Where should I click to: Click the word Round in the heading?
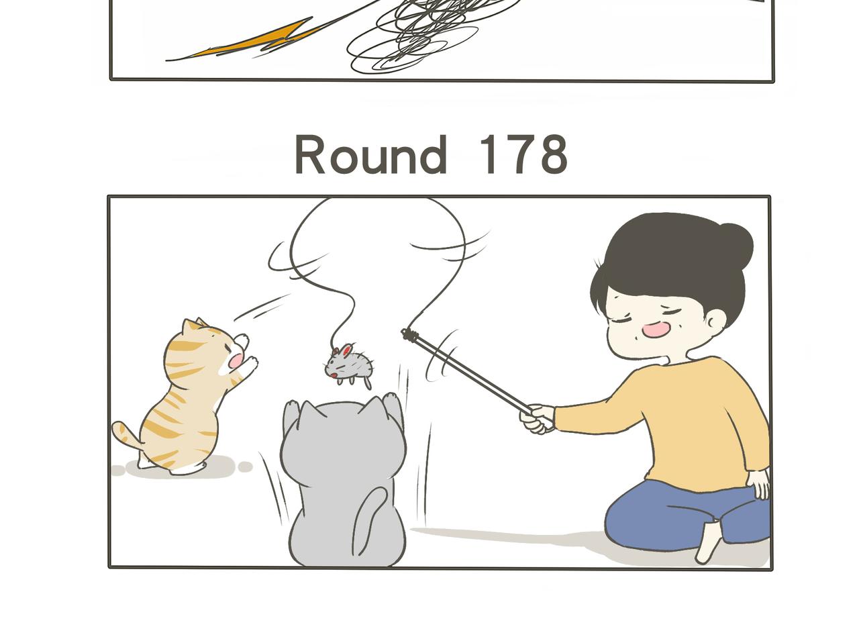coord(371,155)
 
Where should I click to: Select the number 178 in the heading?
coord(523,155)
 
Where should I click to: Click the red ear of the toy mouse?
coord(344,350)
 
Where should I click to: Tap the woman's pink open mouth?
coord(654,330)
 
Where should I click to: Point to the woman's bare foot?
coord(707,542)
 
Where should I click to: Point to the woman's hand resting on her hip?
coord(760,483)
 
